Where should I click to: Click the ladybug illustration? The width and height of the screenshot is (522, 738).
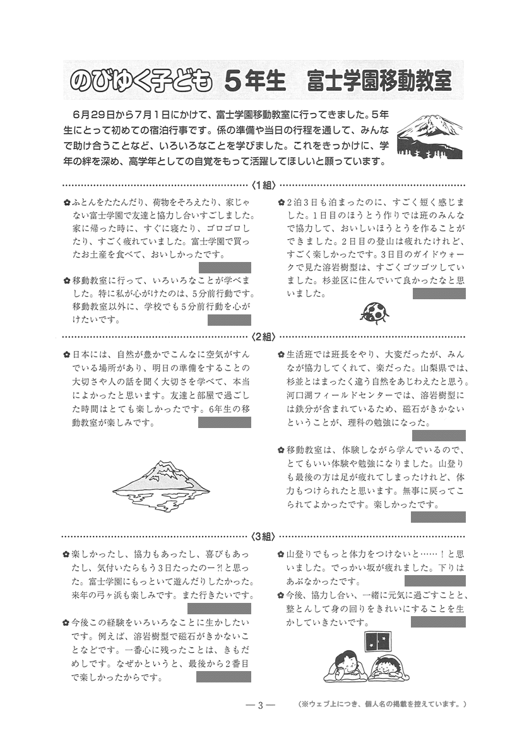374,311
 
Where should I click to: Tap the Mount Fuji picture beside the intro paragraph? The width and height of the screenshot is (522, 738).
429,135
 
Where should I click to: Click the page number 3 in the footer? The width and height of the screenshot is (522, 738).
260,705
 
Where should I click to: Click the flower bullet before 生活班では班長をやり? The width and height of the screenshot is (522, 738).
281,354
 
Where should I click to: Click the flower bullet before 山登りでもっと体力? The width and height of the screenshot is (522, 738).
281,554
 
